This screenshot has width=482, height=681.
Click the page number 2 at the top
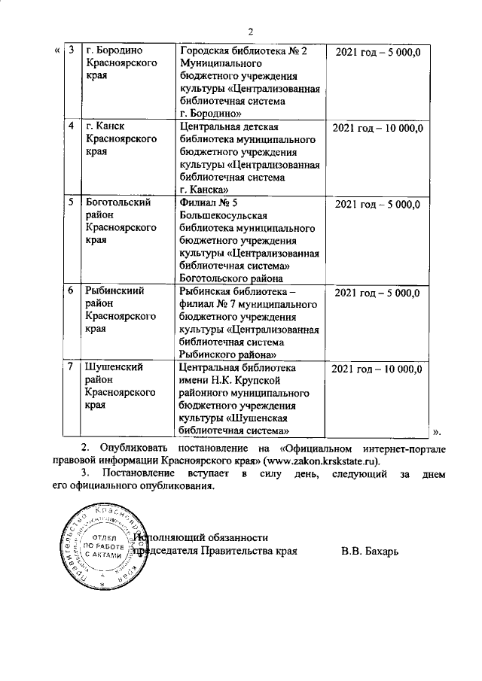252,31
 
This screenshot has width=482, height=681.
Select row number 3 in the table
71,50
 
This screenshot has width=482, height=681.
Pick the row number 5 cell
71,202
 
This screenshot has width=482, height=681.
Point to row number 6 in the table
71,291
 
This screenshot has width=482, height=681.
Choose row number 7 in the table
71,367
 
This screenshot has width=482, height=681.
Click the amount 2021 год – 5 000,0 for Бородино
377,50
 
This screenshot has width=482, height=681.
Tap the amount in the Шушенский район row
377,367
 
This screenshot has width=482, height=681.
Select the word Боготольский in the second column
120,202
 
